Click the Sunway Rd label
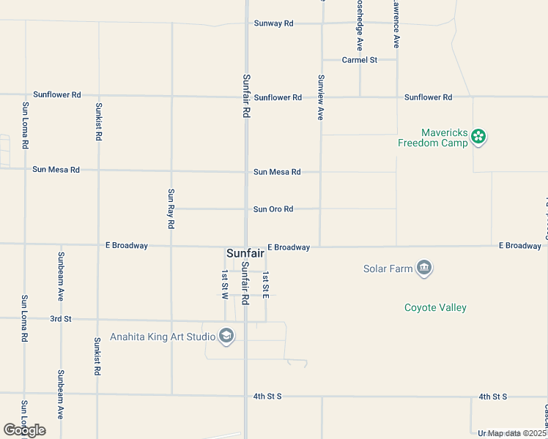click(273, 23)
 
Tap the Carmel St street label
click(359, 60)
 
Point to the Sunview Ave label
click(320, 97)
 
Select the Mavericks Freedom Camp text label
click(432, 138)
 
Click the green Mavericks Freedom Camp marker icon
click(478, 136)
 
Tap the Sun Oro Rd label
click(273, 209)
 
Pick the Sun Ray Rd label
click(171, 209)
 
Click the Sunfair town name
click(245, 253)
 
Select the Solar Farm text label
click(388, 269)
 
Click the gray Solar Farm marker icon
click(423, 269)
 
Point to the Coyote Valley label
click(435, 308)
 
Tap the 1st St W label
click(225, 284)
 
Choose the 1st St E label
click(266, 284)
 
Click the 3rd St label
click(60, 319)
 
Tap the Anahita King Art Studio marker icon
click(226, 337)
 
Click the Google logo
click(24, 430)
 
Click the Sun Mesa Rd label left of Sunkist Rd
click(56, 170)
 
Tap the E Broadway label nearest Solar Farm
click(289, 247)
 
